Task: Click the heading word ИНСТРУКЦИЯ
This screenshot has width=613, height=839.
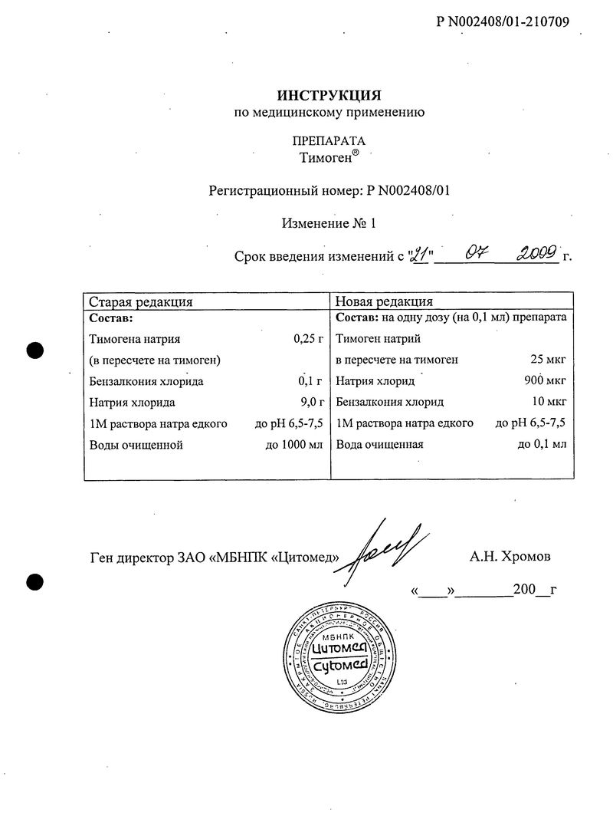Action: click(x=329, y=94)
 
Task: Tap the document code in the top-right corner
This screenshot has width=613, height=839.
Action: click(x=503, y=21)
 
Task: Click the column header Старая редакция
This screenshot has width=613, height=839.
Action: click(x=140, y=301)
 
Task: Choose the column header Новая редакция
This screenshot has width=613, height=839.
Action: click(x=384, y=301)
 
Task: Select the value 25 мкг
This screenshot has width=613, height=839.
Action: click(x=548, y=359)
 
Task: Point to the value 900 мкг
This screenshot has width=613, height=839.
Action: click(x=545, y=380)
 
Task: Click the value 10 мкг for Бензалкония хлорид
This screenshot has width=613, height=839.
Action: click(x=548, y=402)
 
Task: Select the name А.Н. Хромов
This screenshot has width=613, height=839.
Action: click(x=510, y=556)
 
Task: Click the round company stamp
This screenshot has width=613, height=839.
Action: click(x=341, y=657)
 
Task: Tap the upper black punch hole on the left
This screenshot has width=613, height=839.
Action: click(x=34, y=350)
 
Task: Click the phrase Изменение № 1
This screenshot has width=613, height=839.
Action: click(x=329, y=224)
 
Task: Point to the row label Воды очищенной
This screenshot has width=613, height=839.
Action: click(x=136, y=444)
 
